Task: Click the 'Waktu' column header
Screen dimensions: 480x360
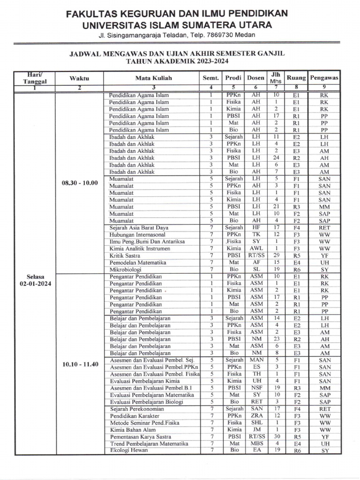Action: point(79,78)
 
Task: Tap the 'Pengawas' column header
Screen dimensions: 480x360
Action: point(324,78)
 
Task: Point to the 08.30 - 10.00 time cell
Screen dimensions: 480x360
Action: point(79,183)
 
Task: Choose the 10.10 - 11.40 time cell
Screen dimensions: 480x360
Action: point(79,364)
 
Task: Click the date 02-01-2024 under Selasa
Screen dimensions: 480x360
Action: point(36,284)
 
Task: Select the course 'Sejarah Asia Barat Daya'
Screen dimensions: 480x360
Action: point(139,228)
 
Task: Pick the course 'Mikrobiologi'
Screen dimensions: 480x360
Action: point(125,270)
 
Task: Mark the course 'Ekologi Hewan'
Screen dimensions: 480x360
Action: point(129,450)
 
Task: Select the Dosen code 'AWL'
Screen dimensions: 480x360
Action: point(256,248)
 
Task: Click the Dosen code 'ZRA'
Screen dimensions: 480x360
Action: point(256,416)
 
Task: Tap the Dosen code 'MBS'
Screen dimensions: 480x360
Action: point(256,443)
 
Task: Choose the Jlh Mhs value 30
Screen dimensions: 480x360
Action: point(277,436)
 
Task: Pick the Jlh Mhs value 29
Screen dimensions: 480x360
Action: point(277,255)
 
